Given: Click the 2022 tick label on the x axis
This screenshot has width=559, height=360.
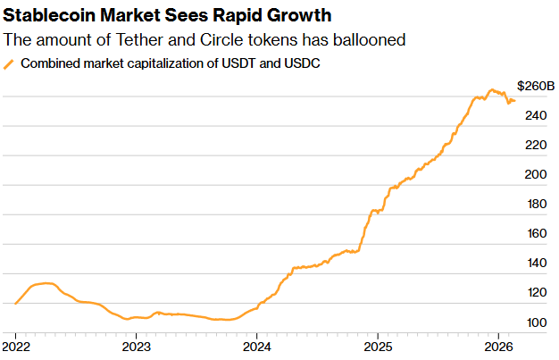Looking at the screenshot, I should [16, 345].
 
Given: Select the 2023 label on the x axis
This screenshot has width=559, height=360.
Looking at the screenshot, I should [136, 345].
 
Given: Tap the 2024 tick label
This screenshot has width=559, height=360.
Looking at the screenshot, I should [256, 345].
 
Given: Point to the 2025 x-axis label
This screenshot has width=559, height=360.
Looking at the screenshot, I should [378, 345].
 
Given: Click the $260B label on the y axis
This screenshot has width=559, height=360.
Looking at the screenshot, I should [536, 86].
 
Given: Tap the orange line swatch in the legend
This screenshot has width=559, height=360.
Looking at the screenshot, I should [10, 64].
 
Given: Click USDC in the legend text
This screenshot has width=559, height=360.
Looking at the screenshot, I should [303, 63].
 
